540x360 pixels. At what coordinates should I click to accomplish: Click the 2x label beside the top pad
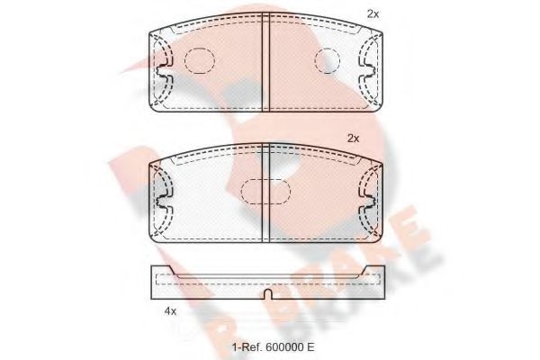pyautogui.click(x=373, y=13)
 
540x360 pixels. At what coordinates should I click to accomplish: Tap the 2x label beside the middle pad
pyautogui.click(x=354, y=138)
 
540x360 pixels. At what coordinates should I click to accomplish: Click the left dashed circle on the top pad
pyautogui.click(x=199, y=60)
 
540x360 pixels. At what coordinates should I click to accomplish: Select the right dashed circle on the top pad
pyautogui.click(x=331, y=60)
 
